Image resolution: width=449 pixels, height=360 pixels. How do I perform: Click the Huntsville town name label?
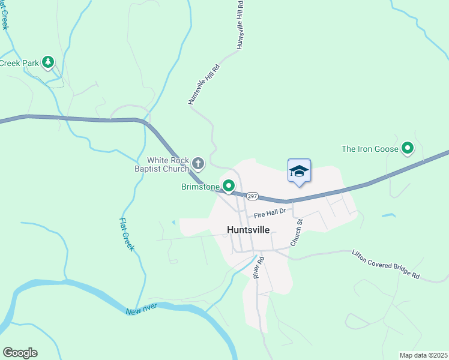tap(248, 229)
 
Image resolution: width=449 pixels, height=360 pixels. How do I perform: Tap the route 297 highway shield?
tap(252, 196)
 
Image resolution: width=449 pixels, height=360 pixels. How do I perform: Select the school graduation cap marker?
tap(299, 171)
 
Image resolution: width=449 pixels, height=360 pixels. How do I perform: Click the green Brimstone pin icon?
tap(229, 186)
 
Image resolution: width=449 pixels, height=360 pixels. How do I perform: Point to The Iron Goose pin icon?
tap(408, 147)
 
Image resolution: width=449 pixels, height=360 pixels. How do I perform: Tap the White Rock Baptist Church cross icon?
tap(198, 163)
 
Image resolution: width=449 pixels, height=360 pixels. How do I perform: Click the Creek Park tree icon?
tap(48, 61)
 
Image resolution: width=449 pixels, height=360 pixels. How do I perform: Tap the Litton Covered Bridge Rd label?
tap(386, 265)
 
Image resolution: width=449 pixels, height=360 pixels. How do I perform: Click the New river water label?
tap(142, 310)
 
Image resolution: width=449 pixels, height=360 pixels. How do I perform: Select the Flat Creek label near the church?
tap(125, 234)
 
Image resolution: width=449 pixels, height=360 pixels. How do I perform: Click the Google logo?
tap(20, 353)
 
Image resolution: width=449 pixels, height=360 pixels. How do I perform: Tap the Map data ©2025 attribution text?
tap(423, 355)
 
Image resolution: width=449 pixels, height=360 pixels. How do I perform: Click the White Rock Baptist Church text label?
tap(169, 164)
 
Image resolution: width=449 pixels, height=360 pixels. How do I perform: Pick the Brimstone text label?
tap(200, 187)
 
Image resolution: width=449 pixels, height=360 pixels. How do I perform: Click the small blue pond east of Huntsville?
tap(388, 215)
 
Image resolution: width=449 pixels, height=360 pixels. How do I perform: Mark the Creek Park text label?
tap(19, 62)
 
